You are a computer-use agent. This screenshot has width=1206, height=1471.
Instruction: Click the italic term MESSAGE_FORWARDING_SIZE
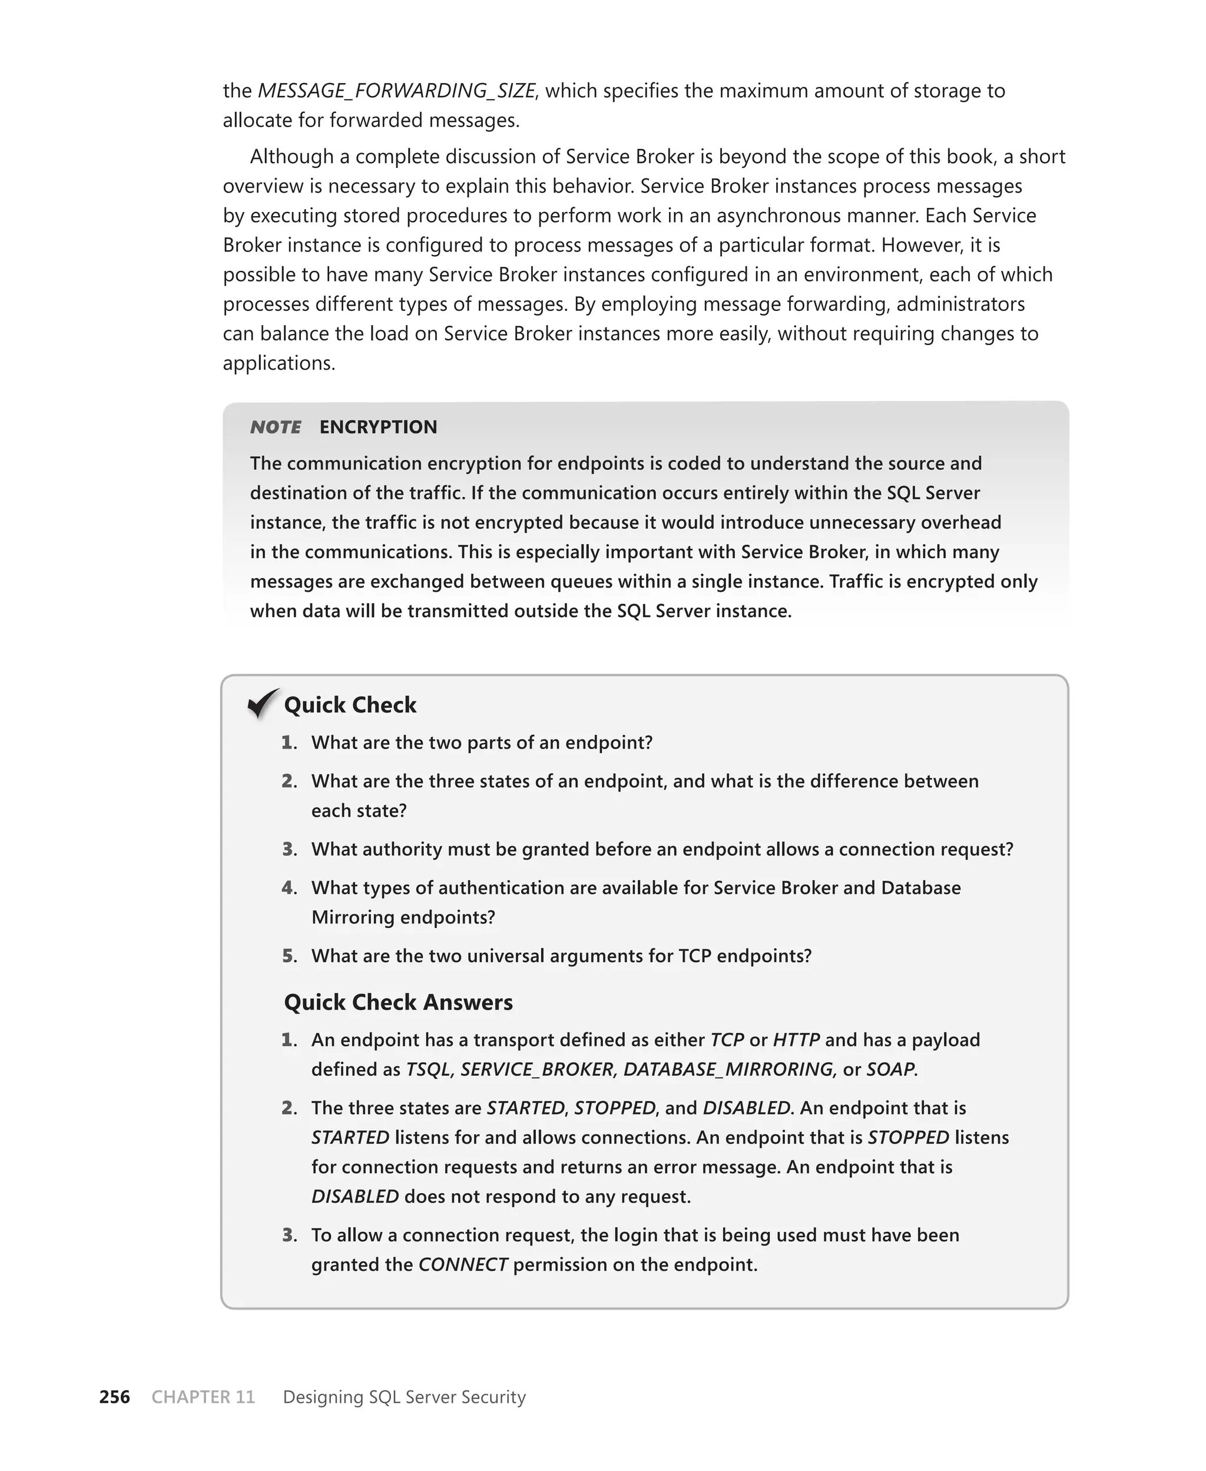[396, 91]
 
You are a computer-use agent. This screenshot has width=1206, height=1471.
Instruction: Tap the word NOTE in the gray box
[276, 427]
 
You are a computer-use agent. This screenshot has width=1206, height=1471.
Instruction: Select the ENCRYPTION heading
[378, 427]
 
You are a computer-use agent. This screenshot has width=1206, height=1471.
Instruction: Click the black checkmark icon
[263, 704]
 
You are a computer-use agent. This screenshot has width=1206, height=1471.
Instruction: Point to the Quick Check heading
[350, 705]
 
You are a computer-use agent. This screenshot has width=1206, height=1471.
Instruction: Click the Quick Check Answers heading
[398, 1002]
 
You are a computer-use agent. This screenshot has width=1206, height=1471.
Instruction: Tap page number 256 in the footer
[115, 1397]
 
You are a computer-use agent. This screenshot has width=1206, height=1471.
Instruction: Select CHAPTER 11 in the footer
[203, 1397]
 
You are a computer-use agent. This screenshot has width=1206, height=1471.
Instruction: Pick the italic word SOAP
[890, 1069]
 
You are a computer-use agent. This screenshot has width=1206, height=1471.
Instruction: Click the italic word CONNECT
[463, 1264]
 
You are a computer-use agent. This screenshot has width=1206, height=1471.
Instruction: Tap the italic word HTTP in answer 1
[796, 1040]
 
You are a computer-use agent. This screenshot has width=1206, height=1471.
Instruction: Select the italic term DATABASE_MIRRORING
[728, 1069]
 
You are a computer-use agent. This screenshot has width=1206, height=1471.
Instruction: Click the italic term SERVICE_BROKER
[537, 1069]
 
